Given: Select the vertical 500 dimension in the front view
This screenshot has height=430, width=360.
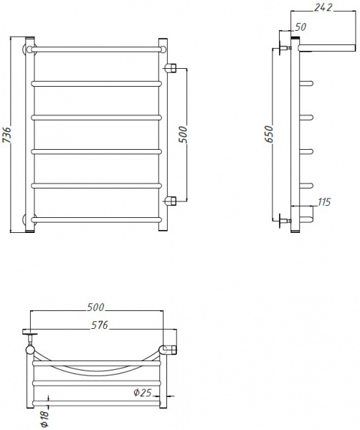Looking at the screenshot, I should pos(183,134).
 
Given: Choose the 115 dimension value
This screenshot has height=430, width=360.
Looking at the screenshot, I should pos(323,203).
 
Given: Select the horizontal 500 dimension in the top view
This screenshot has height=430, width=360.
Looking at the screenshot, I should pos(96,307).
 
